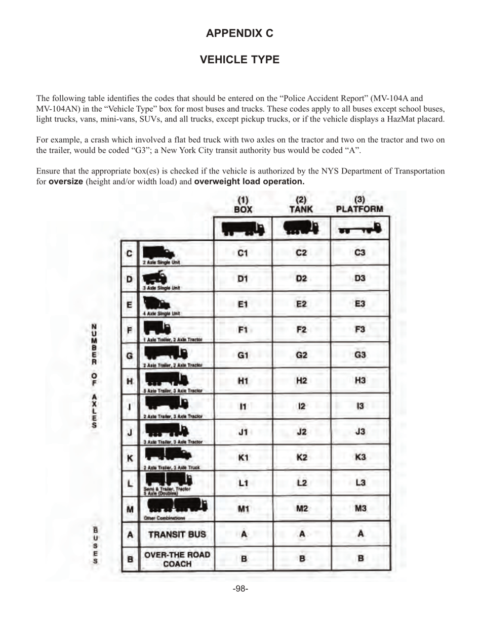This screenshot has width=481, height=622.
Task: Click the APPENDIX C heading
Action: click(239, 33)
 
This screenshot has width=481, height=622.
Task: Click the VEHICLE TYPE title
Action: click(239, 60)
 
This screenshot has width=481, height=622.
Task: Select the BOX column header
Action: click(243, 205)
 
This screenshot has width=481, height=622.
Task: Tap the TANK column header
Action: click(301, 205)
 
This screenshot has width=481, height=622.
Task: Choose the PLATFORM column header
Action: click(360, 205)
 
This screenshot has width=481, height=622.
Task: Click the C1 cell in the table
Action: click(243, 253)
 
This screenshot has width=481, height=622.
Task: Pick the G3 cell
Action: click(360, 354)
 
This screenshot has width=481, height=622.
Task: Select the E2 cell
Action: click(301, 304)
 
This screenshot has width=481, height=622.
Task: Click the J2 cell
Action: click(301, 432)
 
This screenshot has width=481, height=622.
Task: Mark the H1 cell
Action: click(243, 380)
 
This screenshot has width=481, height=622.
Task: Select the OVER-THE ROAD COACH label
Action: click(177, 559)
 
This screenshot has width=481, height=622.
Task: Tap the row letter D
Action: click(130, 279)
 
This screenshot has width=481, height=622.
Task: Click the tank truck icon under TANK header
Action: click(301, 229)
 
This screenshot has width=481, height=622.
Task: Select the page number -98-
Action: click(240, 589)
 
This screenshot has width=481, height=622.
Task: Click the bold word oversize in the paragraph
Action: click(66, 181)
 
